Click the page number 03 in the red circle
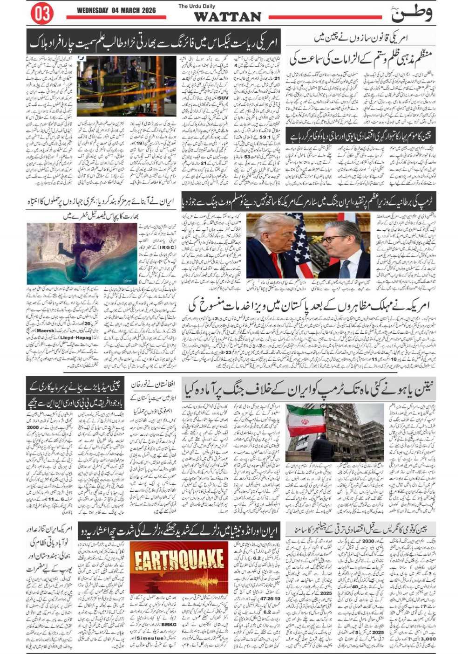(x=42, y=14)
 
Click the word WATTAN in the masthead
(x=227, y=17)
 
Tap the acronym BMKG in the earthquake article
(x=169, y=624)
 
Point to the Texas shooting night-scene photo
(x=127, y=86)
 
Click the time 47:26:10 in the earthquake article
(x=270, y=598)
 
